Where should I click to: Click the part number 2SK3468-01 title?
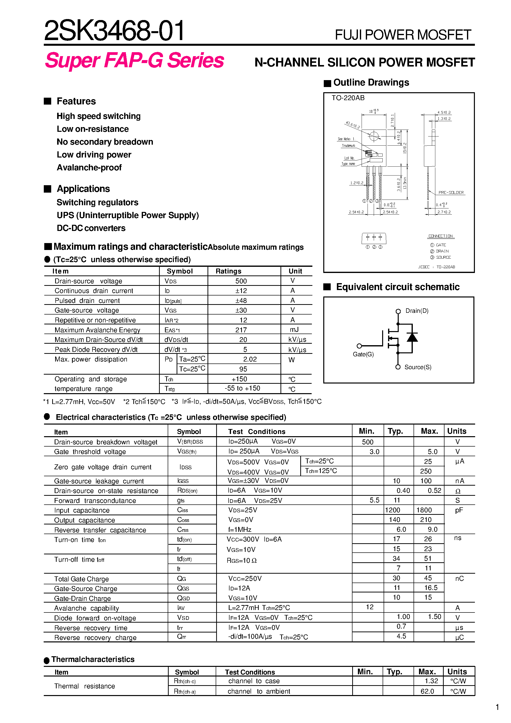(114, 31)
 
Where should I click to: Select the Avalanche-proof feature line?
(89, 168)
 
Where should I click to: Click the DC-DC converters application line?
(91, 228)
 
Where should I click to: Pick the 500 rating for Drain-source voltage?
(241, 281)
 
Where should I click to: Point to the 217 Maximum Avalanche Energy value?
(241, 330)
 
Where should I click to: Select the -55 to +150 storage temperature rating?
(242, 388)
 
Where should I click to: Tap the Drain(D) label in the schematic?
(417, 311)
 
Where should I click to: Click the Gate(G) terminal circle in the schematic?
(359, 346)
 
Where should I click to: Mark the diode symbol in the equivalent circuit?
(412, 337)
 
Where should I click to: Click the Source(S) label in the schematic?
(418, 367)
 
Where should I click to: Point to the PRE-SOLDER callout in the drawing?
(451, 192)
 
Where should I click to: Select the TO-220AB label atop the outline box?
(348, 98)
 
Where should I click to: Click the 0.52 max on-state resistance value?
(434, 491)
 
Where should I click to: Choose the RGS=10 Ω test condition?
(242, 561)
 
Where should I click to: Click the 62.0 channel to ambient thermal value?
(427, 691)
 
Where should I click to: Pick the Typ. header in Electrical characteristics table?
(395, 431)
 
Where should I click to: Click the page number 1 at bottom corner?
(497, 707)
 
